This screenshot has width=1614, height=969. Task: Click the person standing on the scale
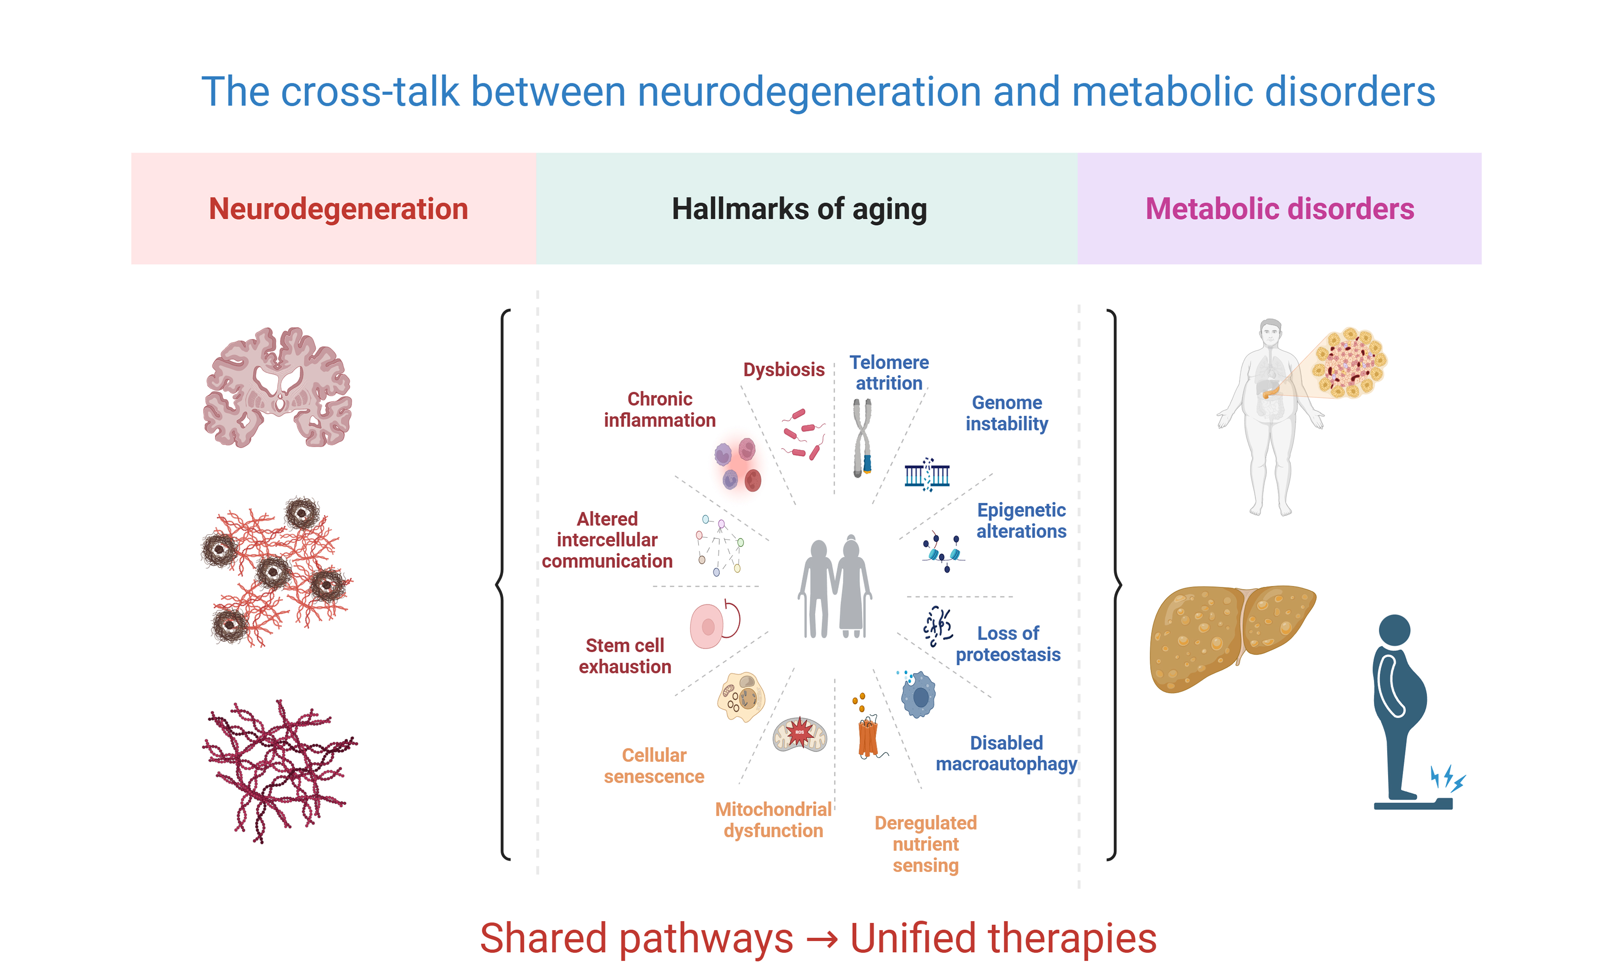[1403, 708]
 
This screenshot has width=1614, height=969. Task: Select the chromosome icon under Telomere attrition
[862, 438]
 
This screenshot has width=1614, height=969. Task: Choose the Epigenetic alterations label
[1021, 521]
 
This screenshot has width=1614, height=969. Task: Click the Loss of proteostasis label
[1008, 644]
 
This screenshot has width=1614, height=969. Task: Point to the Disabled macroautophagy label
[1006, 753]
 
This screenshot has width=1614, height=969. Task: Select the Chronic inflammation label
[659, 409]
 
